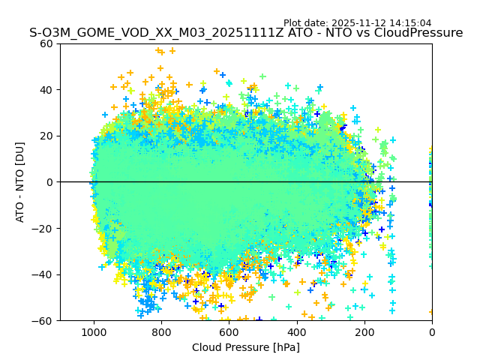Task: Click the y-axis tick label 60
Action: [x=46, y=43]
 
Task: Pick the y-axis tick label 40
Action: [x=46, y=90]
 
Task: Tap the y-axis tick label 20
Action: [x=46, y=136]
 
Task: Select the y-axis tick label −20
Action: [x=43, y=229]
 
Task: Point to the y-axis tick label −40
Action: [x=43, y=274]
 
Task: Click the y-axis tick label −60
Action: [x=43, y=321]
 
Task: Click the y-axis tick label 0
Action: [x=49, y=182]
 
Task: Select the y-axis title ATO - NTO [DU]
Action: [x=20, y=182]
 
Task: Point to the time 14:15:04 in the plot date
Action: [x=430, y=23]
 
